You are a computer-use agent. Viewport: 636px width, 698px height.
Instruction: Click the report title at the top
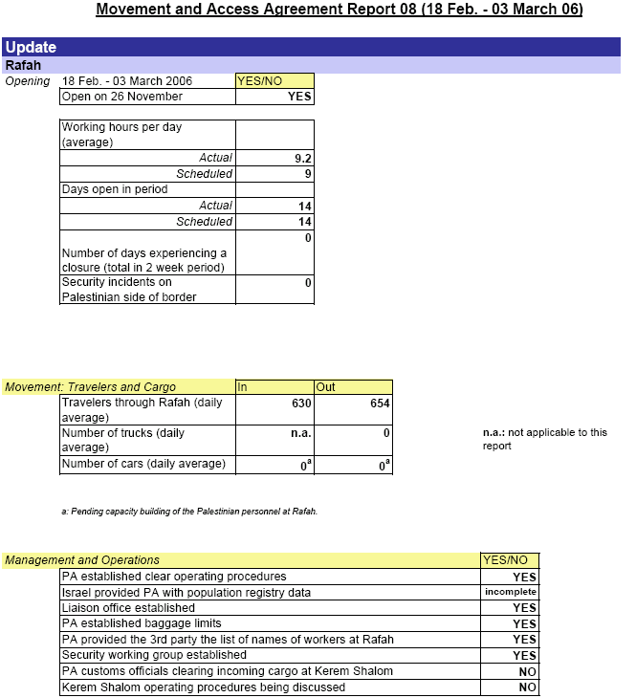tap(339, 10)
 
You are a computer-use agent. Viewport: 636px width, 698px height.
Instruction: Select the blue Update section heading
tap(31, 47)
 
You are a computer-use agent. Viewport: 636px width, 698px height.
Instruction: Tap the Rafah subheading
tap(23, 65)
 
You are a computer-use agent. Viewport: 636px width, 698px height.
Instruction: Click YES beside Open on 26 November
tap(299, 97)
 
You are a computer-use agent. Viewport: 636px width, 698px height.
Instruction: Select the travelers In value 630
tap(301, 404)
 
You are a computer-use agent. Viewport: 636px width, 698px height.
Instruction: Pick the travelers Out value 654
tap(379, 404)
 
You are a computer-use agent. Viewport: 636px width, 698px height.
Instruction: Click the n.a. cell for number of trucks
tap(301, 433)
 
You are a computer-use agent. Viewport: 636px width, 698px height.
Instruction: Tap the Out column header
tap(326, 387)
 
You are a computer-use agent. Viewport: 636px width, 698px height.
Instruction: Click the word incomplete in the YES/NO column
tap(511, 593)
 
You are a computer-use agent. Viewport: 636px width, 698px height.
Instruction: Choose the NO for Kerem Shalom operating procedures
tap(528, 687)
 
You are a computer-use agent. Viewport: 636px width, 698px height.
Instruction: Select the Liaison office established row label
tap(128, 608)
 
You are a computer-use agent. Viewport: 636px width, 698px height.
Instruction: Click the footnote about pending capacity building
tap(189, 512)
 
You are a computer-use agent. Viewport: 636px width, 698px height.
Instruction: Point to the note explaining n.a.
tap(544, 439)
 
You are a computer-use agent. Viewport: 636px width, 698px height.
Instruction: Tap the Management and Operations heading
tap(82, 560)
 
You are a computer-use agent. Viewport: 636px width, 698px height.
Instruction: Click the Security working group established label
tap(154, 655)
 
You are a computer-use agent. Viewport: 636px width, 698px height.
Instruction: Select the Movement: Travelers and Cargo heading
tap(91, 387)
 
